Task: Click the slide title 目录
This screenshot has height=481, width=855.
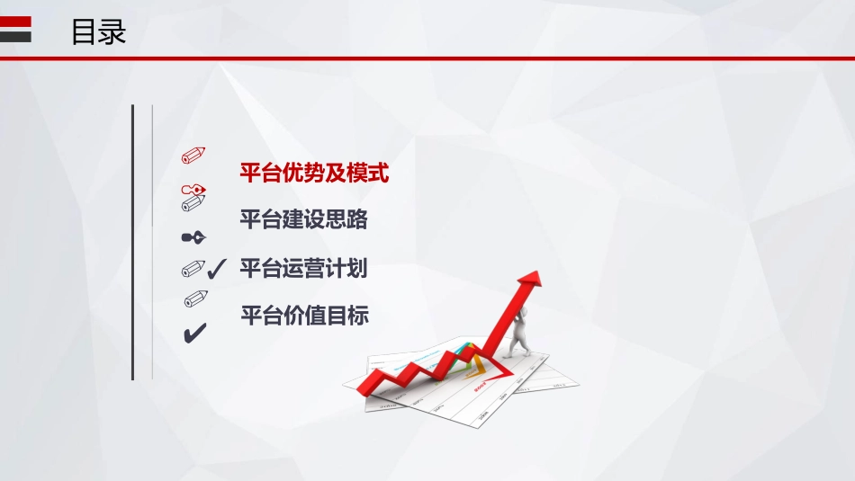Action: coord(99,32)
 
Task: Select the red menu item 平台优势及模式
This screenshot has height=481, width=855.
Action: coord(314,173)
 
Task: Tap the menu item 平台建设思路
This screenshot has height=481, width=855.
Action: coord(303,219)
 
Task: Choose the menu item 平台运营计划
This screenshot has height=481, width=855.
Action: coord(303,268)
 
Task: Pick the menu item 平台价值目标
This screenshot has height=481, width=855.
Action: coord(304,316)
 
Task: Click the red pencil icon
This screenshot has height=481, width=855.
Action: coord(193,155)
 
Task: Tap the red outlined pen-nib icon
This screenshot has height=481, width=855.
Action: coord(193,190)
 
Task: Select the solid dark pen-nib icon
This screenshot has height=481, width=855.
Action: coord(193,237)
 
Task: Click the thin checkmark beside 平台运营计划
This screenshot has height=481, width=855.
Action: coord(216,268)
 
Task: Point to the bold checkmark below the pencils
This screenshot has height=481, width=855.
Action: coord(194,334)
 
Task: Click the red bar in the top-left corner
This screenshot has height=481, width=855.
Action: coord(15,22)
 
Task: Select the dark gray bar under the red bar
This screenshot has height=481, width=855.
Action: coord(15,37)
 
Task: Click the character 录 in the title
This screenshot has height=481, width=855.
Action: coord(112,32)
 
